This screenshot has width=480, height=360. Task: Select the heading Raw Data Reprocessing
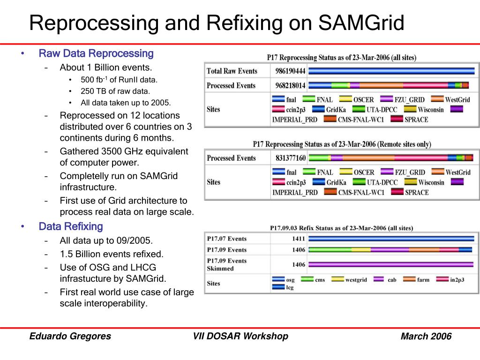96,53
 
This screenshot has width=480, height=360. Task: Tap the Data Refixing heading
70,226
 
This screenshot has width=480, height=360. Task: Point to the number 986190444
290,71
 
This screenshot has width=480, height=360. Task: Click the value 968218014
290,85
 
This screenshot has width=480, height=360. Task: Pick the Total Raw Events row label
232,71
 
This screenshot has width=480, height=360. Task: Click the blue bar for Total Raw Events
391,71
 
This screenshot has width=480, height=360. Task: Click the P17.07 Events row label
227,239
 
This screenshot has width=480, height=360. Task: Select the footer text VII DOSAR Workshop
240,336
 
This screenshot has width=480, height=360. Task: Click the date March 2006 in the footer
426,336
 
